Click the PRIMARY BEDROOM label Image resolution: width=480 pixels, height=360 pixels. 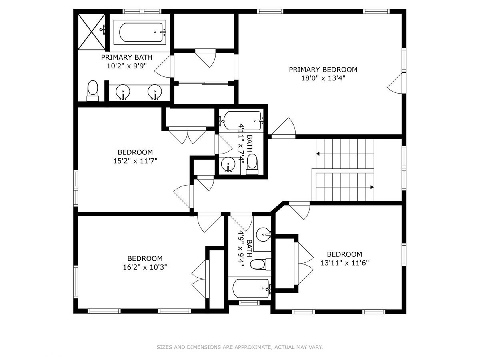(323, 70)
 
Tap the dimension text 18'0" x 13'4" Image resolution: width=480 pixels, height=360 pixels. (323, 78)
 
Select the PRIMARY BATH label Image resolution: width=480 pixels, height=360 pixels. (127, 57)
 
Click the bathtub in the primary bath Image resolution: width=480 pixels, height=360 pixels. (140, 32)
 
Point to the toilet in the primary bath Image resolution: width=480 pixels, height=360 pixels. (93, 90)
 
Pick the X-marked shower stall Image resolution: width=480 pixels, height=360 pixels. (92, 32)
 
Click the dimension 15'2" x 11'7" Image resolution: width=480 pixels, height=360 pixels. (135, 161)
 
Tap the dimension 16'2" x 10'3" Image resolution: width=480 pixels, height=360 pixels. (145, 267)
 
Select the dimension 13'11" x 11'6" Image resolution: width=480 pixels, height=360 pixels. (345, 262)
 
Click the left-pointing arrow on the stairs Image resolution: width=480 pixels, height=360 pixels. (318, 154)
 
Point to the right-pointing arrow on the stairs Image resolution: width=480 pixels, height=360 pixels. (372, 187)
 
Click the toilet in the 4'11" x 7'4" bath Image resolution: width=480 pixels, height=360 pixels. (252, 164)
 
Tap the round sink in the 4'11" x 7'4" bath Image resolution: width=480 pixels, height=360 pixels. (228, 164)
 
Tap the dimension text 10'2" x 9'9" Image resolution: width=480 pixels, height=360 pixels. (127, 66)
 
